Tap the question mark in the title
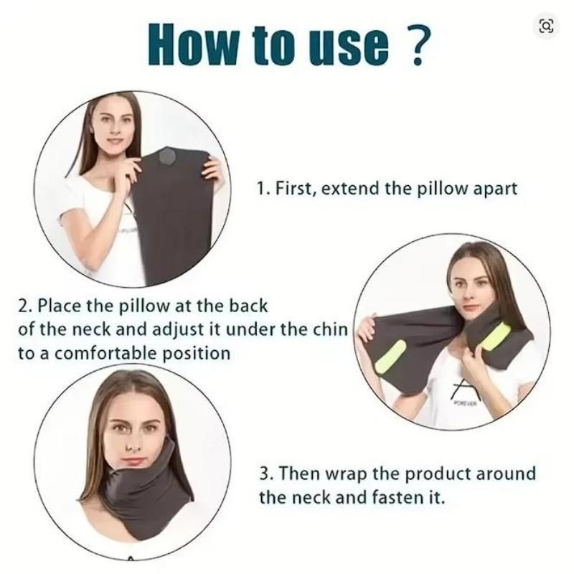tap(422, 44)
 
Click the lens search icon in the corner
tap(546, 26)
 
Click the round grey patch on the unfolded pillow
tap(171, 156)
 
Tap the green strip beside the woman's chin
tap(497, 335)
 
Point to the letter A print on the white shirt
tap(460, 391)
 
